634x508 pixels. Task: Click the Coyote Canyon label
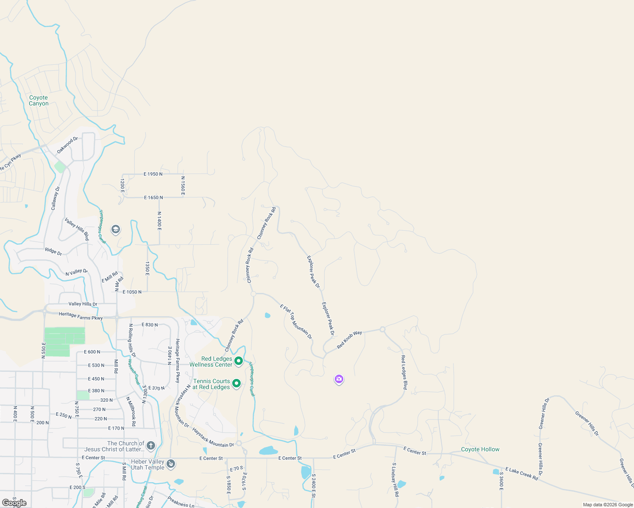coord(39,101)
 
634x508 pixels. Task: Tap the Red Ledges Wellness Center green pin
coord(239,361)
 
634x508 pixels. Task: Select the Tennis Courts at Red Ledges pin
coord(236,384)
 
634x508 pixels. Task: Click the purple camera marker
coord(339,379)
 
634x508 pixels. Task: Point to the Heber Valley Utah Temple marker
coord(170,464)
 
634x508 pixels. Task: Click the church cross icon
coord(151,446)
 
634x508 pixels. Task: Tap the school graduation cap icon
coord(115,229)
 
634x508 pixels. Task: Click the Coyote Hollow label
coord(480,450)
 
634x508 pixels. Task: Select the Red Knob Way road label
coord(350,340)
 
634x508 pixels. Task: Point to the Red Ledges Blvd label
coord(404,373)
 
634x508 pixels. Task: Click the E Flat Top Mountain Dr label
coord(296,321)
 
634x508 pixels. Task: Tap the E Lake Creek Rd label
coord(521,473)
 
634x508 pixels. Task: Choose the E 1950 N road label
coord(153,174)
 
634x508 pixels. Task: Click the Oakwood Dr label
coord(67,145)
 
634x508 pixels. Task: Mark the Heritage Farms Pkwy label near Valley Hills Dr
coord(81,315)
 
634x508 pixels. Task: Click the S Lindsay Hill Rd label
coord(395,480)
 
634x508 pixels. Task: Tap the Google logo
coord(14,503)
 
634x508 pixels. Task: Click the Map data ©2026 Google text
coord(608,505)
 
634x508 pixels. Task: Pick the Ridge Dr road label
coord(53,251)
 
